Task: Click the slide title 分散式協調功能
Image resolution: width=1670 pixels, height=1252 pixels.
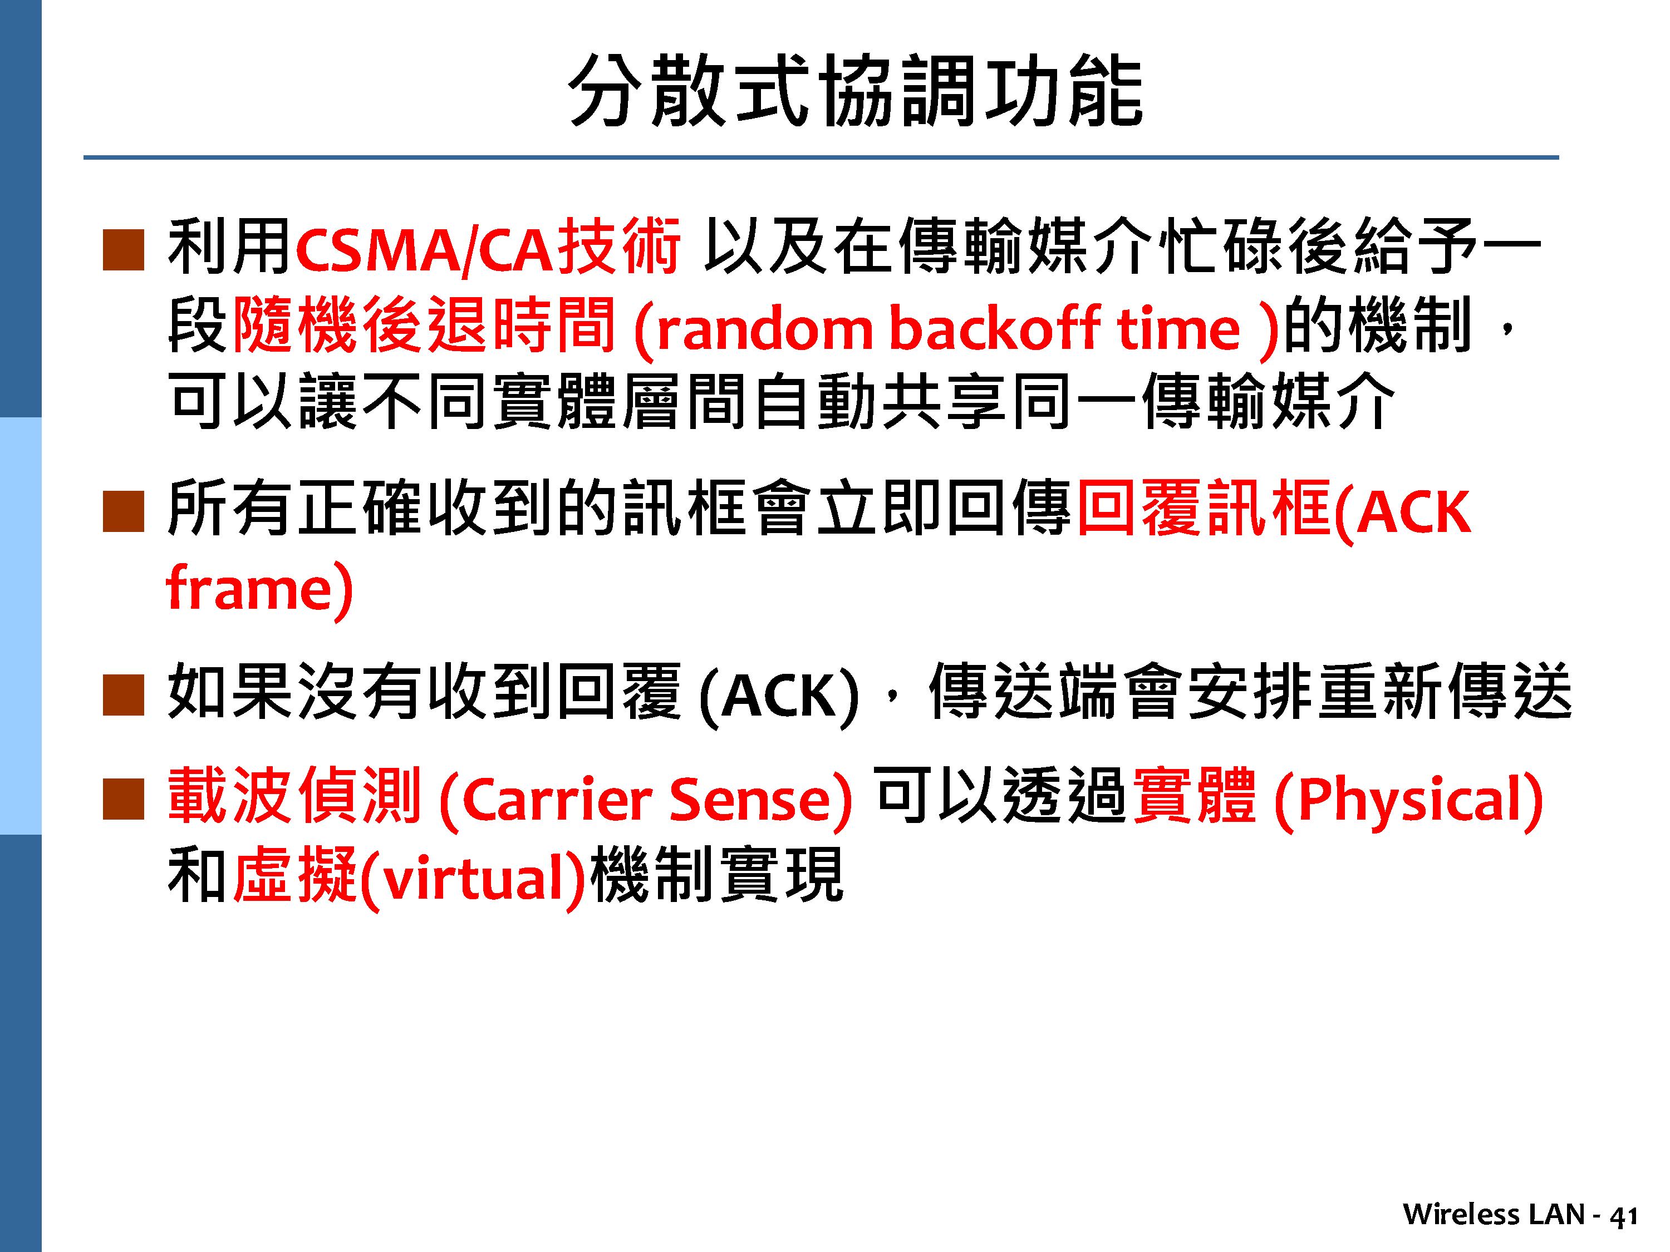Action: (x=856, y=91)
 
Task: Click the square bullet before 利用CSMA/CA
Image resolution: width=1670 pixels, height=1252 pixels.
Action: (x=123, y=250)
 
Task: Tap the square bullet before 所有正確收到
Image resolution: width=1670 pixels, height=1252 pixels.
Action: (x=123, y=512)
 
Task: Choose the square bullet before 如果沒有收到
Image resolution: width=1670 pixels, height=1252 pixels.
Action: (x=123, y=695)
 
